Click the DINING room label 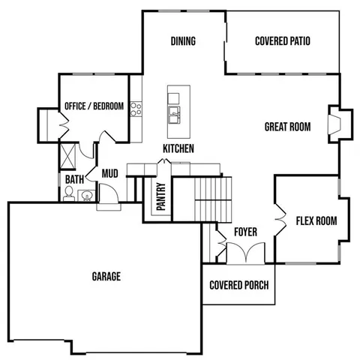183,41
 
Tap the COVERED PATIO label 283,41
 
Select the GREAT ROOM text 286,127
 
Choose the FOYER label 245,232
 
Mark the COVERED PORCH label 238,285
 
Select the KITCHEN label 178,148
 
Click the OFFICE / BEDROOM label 94,106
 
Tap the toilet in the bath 70,195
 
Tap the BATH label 74,180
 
